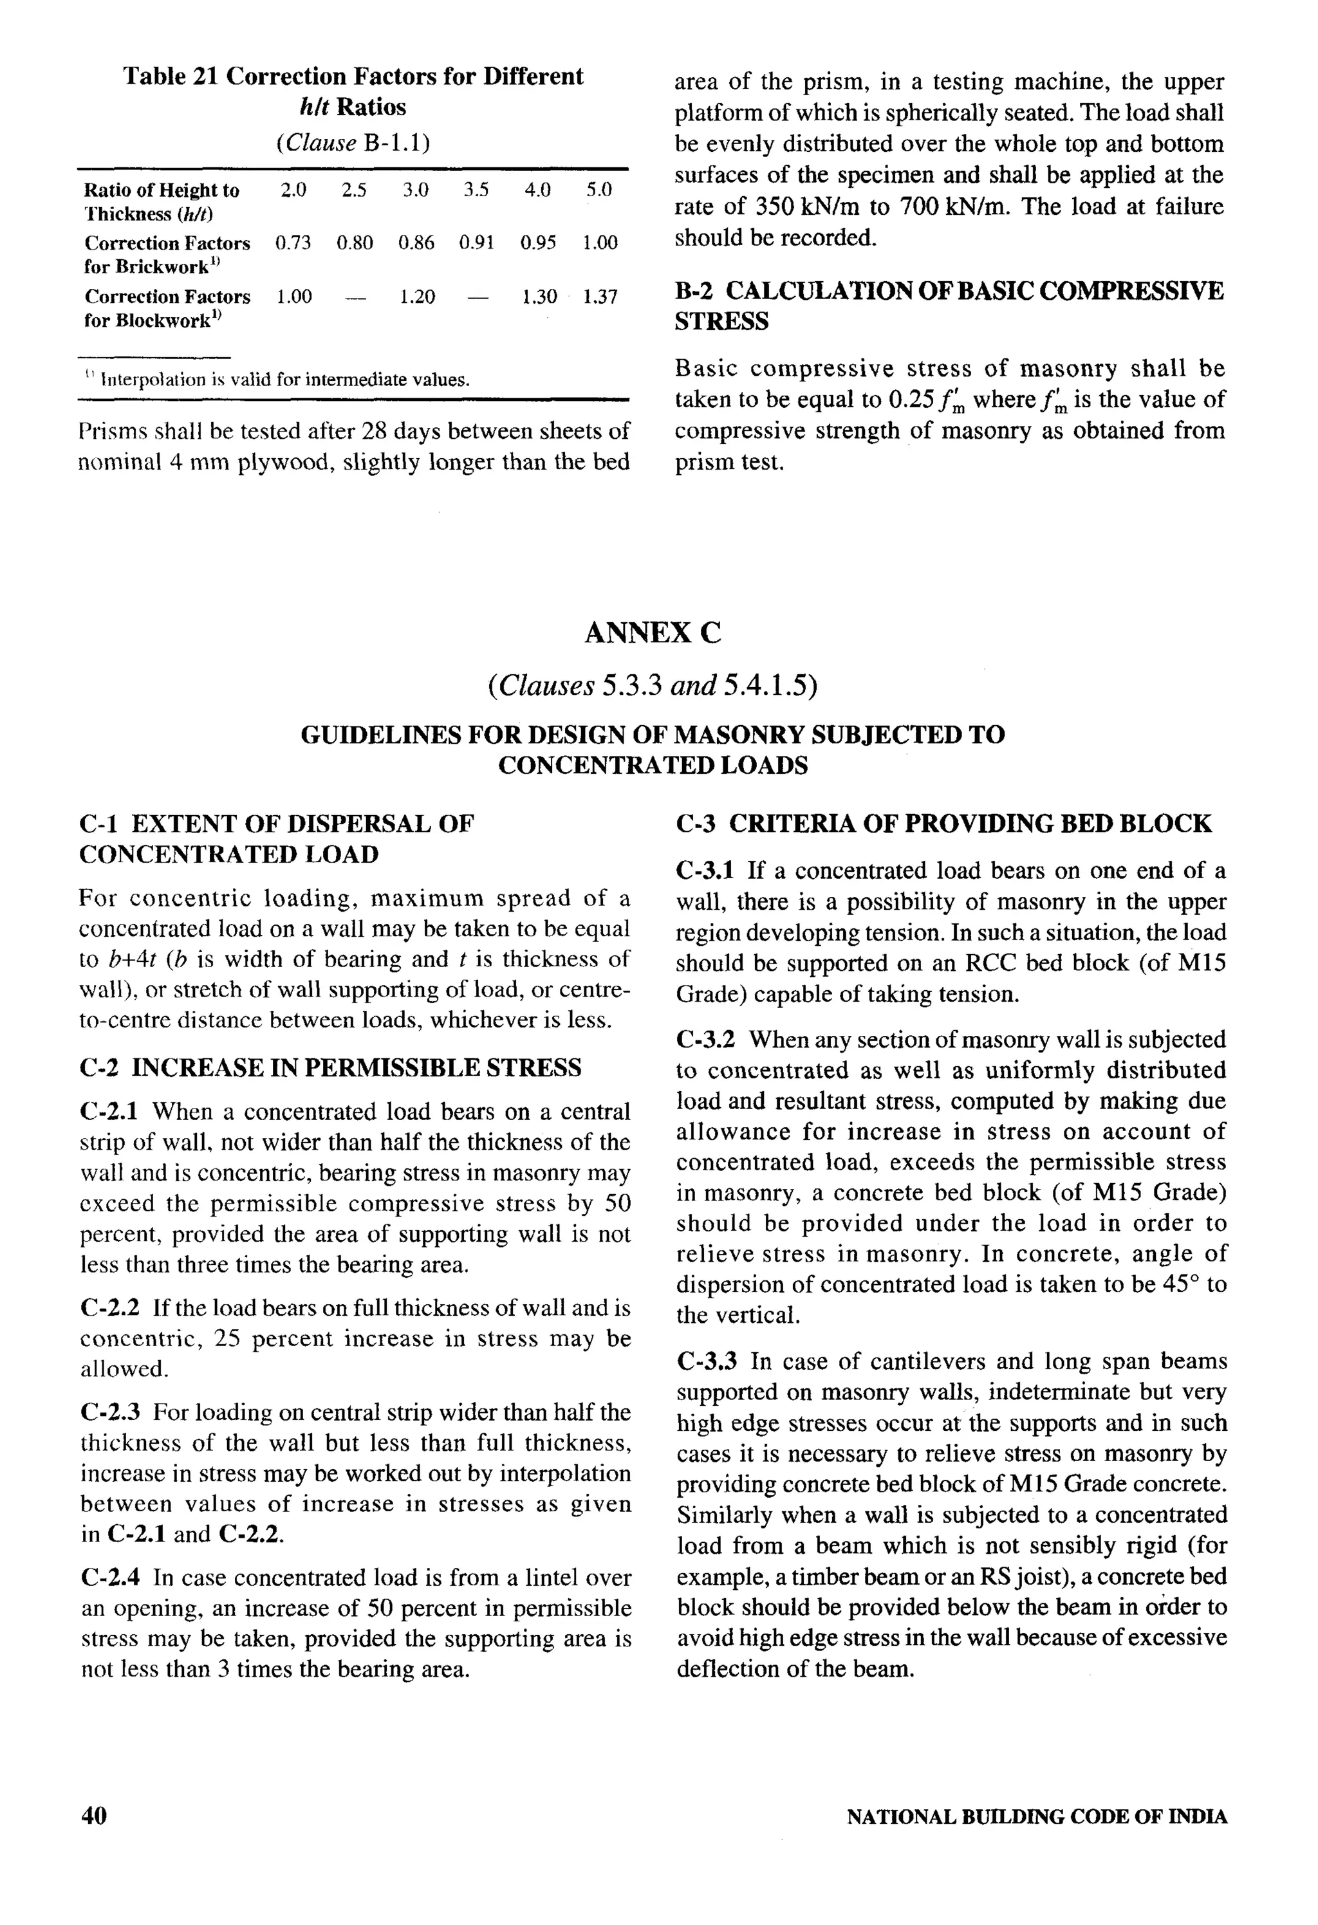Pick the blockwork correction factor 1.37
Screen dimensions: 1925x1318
[x=600, y=297]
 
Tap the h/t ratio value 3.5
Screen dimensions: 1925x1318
[x=476, y=190]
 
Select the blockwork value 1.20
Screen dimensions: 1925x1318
[x=416, y=297]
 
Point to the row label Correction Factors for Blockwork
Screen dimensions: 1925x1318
[x=167, y=308]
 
